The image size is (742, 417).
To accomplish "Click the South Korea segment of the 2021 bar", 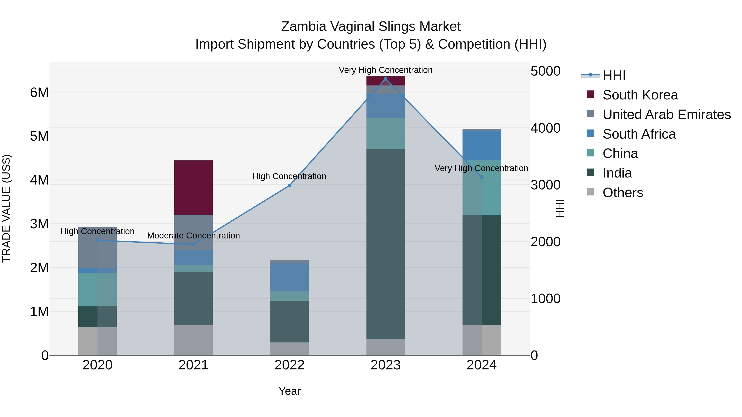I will [x=193, y=187].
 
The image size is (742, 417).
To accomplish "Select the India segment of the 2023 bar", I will [x=385, y=244].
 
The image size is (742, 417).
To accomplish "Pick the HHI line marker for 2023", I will [x=386, y=79].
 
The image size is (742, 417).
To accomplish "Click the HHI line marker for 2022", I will [x=290, y=186].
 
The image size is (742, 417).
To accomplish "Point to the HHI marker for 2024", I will [x=482, y=177].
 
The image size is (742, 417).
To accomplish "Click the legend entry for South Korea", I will [x=640, y=95].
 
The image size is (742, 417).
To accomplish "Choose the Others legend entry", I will [x=623, y=193].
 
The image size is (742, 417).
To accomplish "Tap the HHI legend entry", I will [x=614, y=75].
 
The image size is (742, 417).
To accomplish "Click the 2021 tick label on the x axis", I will [x=193, y=365].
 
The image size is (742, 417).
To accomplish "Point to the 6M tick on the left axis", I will [x=39, y=93].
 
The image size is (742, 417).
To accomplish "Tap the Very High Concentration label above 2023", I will [x=385, y=70].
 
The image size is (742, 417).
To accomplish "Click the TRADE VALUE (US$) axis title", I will [x=6, y=208].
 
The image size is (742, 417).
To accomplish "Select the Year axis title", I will [x=290, y=391].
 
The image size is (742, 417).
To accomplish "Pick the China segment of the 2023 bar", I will [x=385, y=133].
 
